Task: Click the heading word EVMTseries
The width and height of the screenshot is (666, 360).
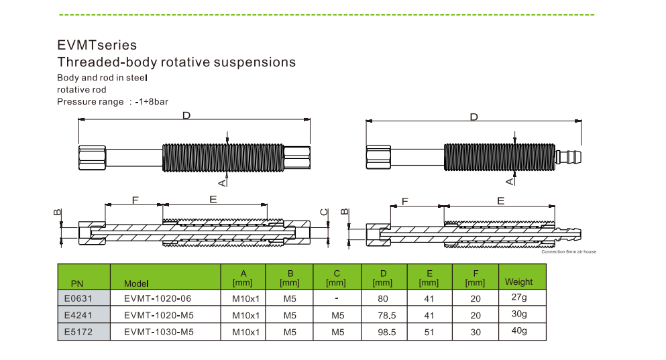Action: click(97, 45)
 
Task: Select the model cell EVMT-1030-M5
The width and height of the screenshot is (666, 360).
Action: click(158, 331)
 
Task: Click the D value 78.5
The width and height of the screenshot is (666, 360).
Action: click(384, 314)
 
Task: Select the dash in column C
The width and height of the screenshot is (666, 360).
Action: click(337, 298)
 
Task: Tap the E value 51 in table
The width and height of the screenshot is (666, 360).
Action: click(429, 331)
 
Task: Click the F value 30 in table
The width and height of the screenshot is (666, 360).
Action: click(476, 331)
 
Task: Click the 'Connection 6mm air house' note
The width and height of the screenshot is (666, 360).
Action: click(568, 252)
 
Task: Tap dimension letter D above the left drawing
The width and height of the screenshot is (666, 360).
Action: click(186, 116)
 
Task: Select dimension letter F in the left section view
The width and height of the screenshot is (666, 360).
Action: click(135, 200)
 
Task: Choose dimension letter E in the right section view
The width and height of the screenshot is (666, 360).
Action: click(500, 200)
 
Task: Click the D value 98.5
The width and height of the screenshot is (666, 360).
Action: click(384, 331)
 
